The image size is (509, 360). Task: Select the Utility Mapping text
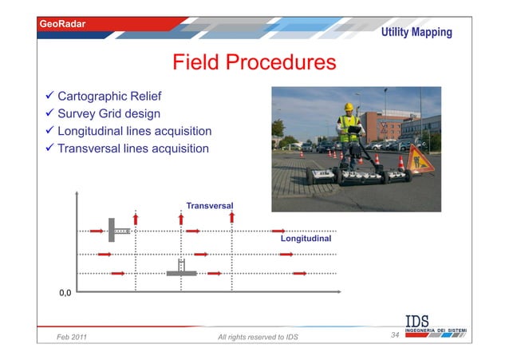pos(416,33)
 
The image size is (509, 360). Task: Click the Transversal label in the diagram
pos(209,206)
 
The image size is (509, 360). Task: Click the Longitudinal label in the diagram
pos(306,238)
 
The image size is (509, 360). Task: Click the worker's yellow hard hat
pos(348,106)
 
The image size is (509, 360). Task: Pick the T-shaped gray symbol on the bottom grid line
pos(181,270)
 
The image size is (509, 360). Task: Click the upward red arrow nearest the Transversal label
pos(182,217)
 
